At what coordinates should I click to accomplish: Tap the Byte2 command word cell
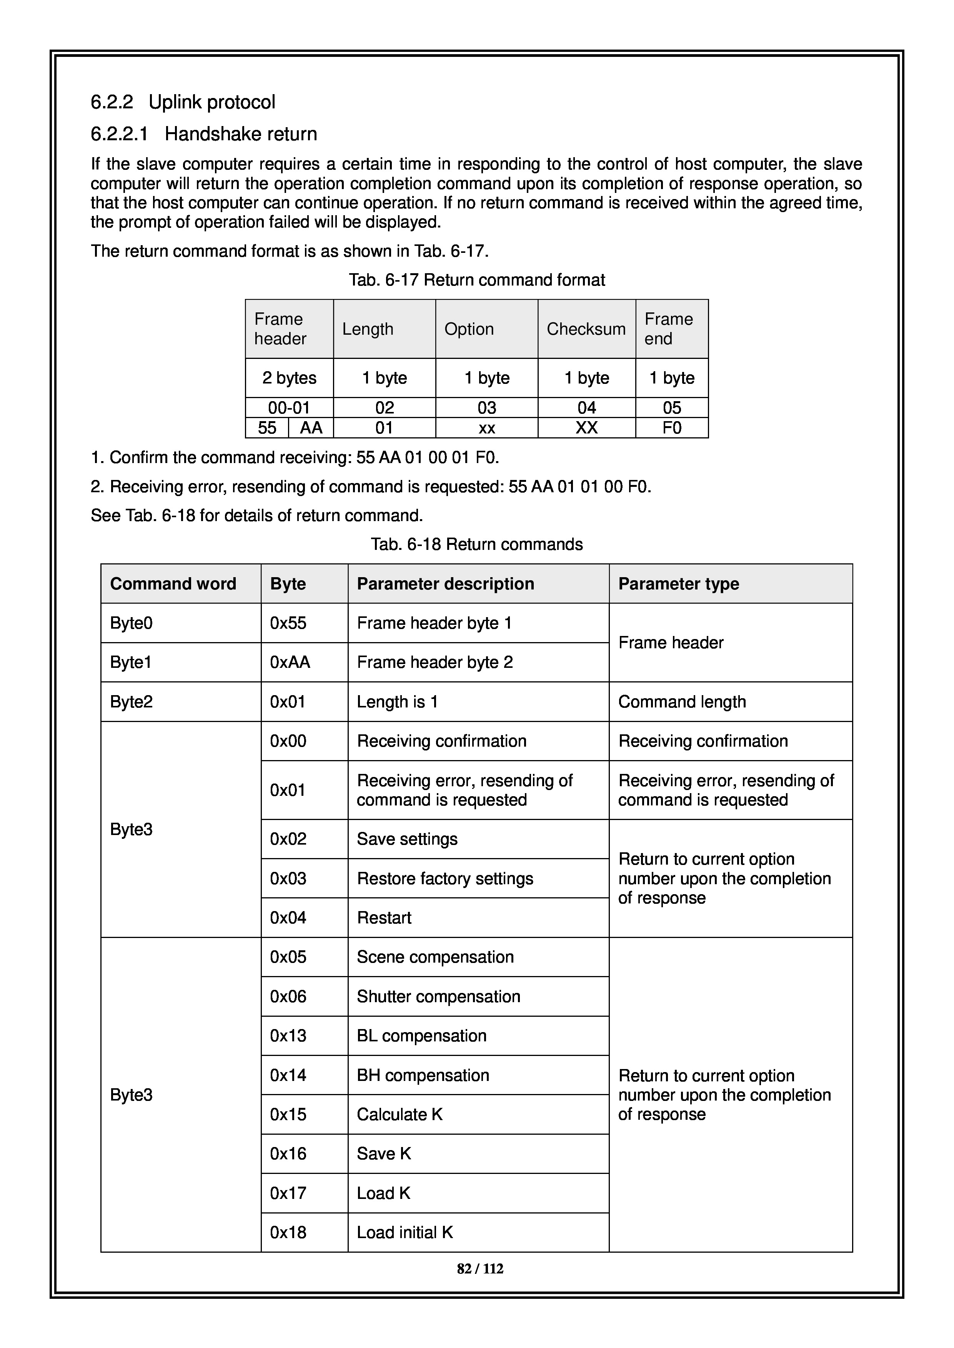click(x=131, y=702)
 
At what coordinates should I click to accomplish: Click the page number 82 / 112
click(x=480, y=1269)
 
